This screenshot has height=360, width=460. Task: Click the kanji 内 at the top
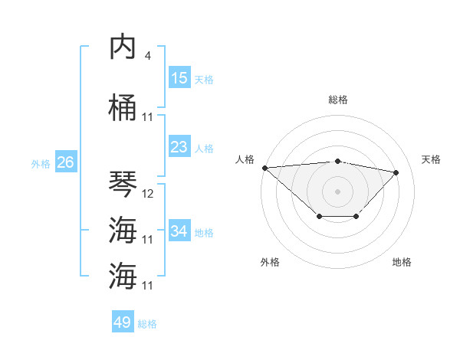[123, 47]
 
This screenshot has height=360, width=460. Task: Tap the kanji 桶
[123, 107]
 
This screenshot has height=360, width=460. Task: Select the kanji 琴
[123, 184]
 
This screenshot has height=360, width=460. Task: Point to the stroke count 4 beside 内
[147, 56]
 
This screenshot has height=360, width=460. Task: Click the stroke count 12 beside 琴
[148, 194]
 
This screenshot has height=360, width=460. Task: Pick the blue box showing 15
[179, 78]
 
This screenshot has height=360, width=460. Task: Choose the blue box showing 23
[179, 147]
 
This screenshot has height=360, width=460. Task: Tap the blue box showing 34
[179, 231]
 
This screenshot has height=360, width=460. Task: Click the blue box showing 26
[65, 162]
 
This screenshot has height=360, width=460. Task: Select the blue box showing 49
[123, 322]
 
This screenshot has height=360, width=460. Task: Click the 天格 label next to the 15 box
[203, 80]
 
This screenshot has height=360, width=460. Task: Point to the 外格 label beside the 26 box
[41, 164]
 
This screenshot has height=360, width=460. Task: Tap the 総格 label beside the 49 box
[147, 324]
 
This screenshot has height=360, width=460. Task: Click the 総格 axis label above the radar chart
[338, 100]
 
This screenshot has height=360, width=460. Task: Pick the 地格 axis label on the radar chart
[402, 262]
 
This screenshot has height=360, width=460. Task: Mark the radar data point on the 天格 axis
[396, 172]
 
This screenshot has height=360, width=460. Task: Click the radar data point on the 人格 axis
[264, 168]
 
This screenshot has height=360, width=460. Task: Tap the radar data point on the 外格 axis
[319, 218]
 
